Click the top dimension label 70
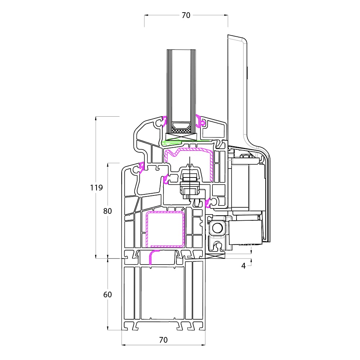click(186, 15)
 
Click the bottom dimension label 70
click(163, 340)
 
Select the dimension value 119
click(96, 188)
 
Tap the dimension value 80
click(107, 211)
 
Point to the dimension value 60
click(107, 294)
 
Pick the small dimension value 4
click(244, 266)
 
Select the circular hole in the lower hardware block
click(217, 228)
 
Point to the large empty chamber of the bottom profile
click(163, 293)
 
